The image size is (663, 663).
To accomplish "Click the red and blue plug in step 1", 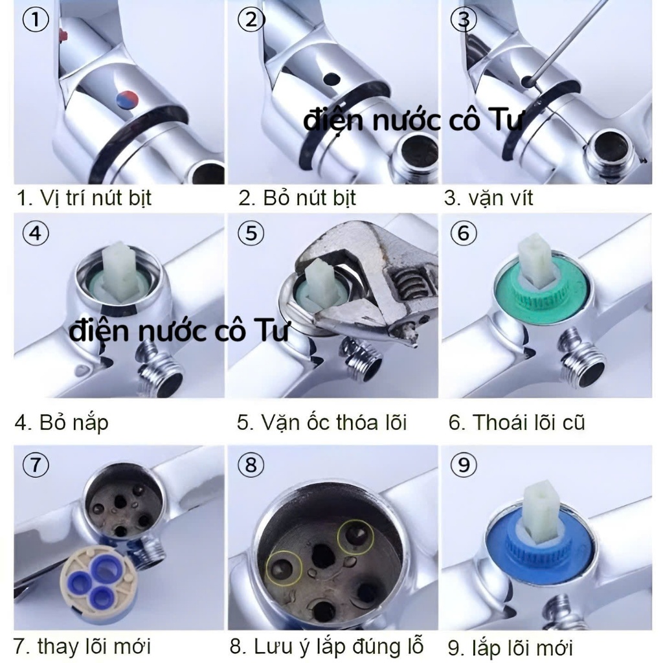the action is pyautogui.click(x=128, y=100).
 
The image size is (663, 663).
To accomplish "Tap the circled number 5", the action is pyautogui.click(x=251, y=234).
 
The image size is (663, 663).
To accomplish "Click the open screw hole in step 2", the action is pyautogui.click(x=331, y=78).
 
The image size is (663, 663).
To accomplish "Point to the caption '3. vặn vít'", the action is pyautogui.click(x=488, y=198).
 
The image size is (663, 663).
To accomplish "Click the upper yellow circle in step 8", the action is pyautogui.click(x=355, y=536).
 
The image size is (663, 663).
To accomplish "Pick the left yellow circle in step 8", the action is pyautogui.click(x=284, y=568).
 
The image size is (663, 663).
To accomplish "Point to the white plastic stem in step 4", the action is pyautogui.click(x=120, y=271).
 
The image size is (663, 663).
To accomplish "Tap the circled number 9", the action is pyautogui.click(x=464, y=465).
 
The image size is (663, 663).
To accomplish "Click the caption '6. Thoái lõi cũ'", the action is pyautogui.click(x=517, y=422).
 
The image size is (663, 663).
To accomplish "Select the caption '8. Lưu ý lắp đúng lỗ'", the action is pyautogui.click(x=326, y=646).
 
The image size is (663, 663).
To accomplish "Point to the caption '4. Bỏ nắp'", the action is pyautogui.click(x=62, y=422).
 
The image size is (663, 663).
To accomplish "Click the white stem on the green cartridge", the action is pyautogui.click(x=536, y=258).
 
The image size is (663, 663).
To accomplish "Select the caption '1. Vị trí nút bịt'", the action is pyautogui.click(x=84, y=198).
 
